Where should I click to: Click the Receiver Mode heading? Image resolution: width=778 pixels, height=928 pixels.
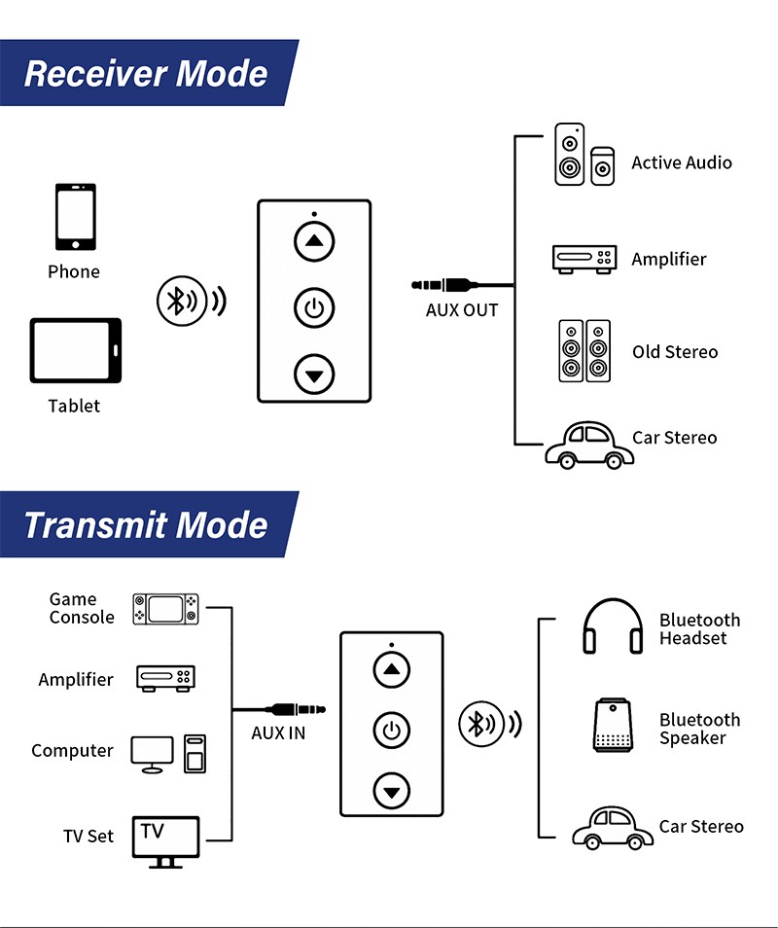(146, 74)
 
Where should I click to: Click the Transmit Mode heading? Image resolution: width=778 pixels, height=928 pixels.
(146, 525)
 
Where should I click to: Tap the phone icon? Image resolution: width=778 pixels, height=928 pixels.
(74, 218)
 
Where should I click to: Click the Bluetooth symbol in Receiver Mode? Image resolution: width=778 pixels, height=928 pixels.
(177, 302)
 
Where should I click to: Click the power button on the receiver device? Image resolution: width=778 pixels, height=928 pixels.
(314, 309)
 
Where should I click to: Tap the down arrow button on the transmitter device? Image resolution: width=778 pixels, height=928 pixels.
(391, 792)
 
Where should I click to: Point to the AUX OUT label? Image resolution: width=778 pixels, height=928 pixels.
(462, 310)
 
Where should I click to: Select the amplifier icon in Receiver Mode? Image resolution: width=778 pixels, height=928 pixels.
(585, 258)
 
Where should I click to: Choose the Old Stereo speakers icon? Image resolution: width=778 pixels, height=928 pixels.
(584, 350)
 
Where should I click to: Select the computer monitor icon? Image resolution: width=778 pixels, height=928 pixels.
(153, 754)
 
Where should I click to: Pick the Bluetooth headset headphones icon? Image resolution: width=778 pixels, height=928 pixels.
(613, 626)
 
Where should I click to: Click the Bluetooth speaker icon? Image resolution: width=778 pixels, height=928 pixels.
(613, 725)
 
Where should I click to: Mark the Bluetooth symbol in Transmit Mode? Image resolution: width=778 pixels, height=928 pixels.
(477, 724)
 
